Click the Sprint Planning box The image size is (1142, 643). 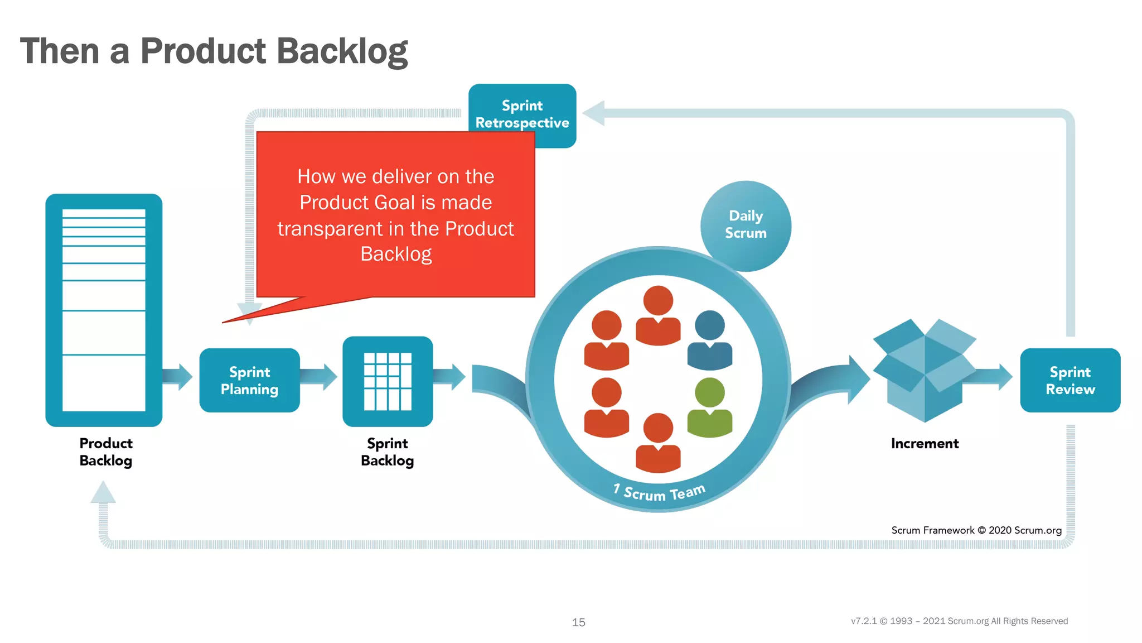[249, 380]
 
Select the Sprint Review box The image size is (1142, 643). [1070, 380]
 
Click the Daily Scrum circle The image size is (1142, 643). [746, 224]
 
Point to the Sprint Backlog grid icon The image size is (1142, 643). [388, 381]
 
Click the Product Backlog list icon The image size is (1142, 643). [104, 310]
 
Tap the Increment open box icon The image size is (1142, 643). [924, 370]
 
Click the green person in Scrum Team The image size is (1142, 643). [709, 407]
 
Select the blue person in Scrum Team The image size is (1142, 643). [709, 340]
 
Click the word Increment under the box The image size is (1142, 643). [924, 444]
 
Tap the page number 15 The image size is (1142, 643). [578, 622]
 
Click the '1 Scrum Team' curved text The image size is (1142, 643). [659, 493]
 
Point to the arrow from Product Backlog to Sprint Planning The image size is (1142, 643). [178, 377]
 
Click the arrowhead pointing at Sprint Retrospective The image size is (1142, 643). [594, 113]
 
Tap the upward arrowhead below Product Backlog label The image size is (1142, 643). [103, 493]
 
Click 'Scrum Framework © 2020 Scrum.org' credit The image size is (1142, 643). [976, 530]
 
